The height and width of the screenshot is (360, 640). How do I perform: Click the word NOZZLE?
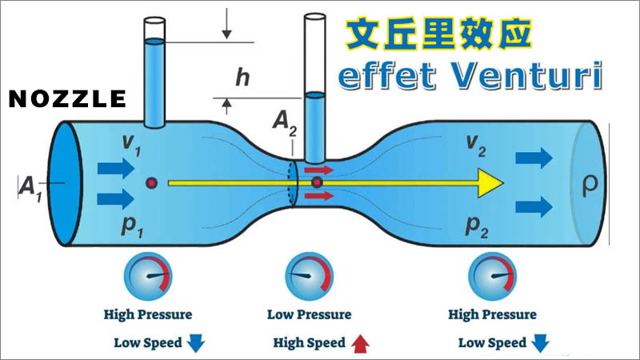point(67,98)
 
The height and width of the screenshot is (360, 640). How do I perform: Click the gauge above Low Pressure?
point(308,275)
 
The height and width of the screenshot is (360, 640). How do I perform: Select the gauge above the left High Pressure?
point(148,275)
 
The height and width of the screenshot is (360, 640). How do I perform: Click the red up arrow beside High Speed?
point(360,344)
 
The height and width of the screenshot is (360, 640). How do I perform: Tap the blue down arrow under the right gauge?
point(541,344)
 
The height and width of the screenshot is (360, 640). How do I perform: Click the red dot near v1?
point(150,184)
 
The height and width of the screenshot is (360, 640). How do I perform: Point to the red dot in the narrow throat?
point(317,185)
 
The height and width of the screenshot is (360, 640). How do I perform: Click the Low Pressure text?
point(309,314)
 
